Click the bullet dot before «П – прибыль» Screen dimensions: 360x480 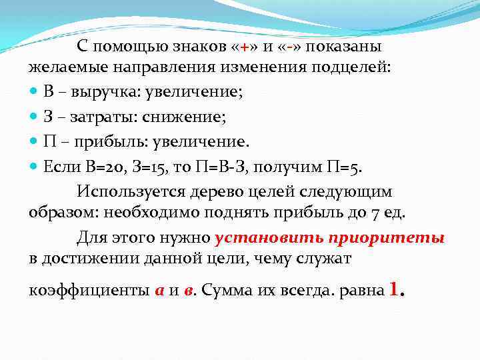pos(34,142)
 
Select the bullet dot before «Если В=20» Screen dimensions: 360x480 pos(34,166)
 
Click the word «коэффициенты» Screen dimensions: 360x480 pos(89,291)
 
